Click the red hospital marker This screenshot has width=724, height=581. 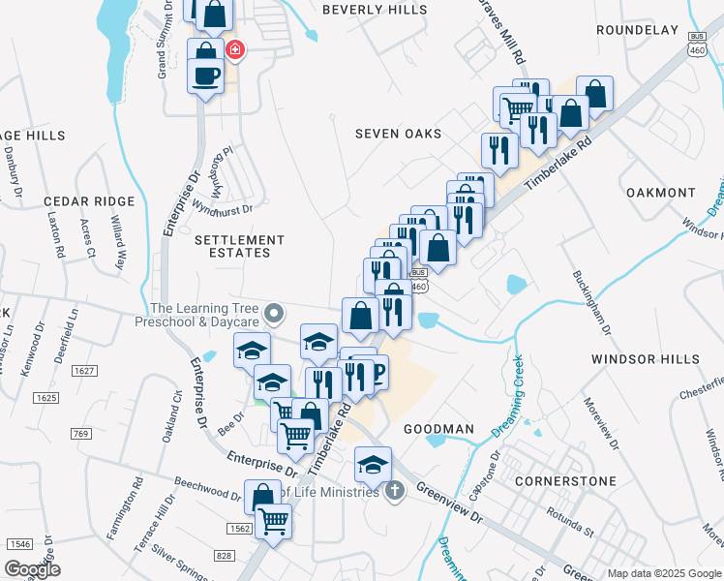[x=234, y=49]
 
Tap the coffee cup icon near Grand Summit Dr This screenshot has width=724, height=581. [x=205, y=76]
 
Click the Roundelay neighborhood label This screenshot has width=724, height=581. [x=637, y=30]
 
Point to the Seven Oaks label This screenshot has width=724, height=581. [x=398, y=134]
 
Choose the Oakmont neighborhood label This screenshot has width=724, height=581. [x=661, y=193]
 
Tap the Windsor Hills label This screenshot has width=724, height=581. [x=645, y=359]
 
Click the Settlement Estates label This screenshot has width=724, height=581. [x=240, y=246]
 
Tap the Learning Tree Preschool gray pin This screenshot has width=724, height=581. [x=274, y=313]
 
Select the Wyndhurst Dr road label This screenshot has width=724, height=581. [x=222, y=208]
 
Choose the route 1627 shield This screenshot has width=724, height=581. [x=85, y=371]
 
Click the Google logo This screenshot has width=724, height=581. [x=33, y=568]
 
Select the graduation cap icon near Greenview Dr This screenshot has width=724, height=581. [x=373, y=465]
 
